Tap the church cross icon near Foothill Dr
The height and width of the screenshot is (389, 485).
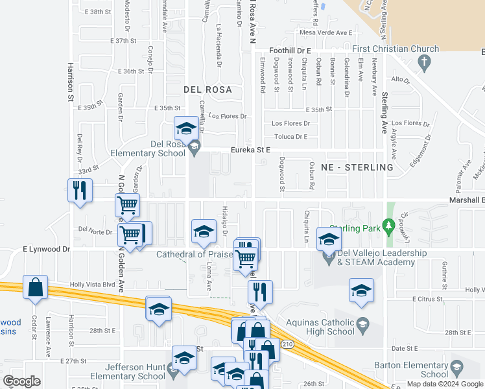pyautogui.click(x=425, y=64)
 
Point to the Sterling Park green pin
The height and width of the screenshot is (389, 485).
pyautogui.click(x=388, y=227)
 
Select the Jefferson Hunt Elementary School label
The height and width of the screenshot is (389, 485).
pyautogui.click(x=128, y=371)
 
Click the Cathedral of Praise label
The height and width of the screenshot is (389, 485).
pyautogui.click(x=194, y=254)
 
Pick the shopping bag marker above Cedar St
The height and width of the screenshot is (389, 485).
pyautogui.click(x=35, y=287)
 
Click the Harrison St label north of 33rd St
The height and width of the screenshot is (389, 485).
pyautogui.click(x=69, y=82)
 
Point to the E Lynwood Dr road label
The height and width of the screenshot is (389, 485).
pyautogui.click(x=46, y=249)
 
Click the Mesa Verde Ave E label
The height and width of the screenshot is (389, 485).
pyautogui.click(x=325, y=32)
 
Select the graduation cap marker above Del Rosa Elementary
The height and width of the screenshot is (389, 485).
pyautogui.click(x=186, y=128)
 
